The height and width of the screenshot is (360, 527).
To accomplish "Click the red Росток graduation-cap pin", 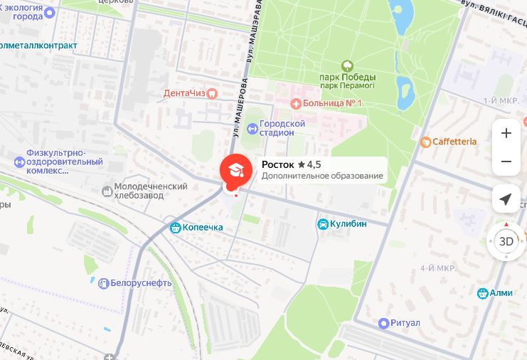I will click(x=234, y=170).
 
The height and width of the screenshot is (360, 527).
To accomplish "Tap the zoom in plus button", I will click(x=506, y=133).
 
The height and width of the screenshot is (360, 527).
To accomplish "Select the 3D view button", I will click(x=506, y=241).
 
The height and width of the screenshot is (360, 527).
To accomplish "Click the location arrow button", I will click(x=506, y=199).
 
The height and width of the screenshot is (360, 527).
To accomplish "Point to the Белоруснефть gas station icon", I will click(x=103, y=282).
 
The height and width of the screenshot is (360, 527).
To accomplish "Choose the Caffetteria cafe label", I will click(x=454, y=142).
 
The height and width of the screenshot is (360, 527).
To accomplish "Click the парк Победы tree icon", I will click(x=347, y=65).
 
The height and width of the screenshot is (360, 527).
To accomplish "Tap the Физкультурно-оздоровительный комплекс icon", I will click(x=19, y=162).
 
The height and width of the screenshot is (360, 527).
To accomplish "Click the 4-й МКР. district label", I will click(x=437, y=268).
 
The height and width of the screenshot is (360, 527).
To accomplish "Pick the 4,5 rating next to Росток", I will click(x=309, y=164).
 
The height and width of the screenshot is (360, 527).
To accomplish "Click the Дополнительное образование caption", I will click(x=322, y=176).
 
